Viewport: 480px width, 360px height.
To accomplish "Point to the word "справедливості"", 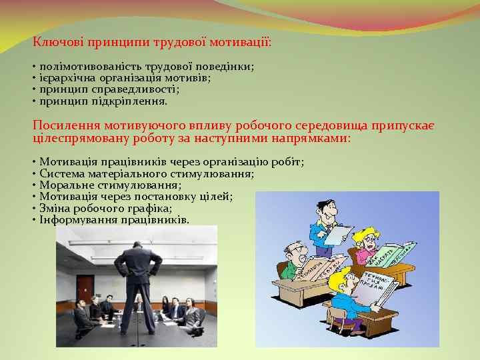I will (x=141, y=89).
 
